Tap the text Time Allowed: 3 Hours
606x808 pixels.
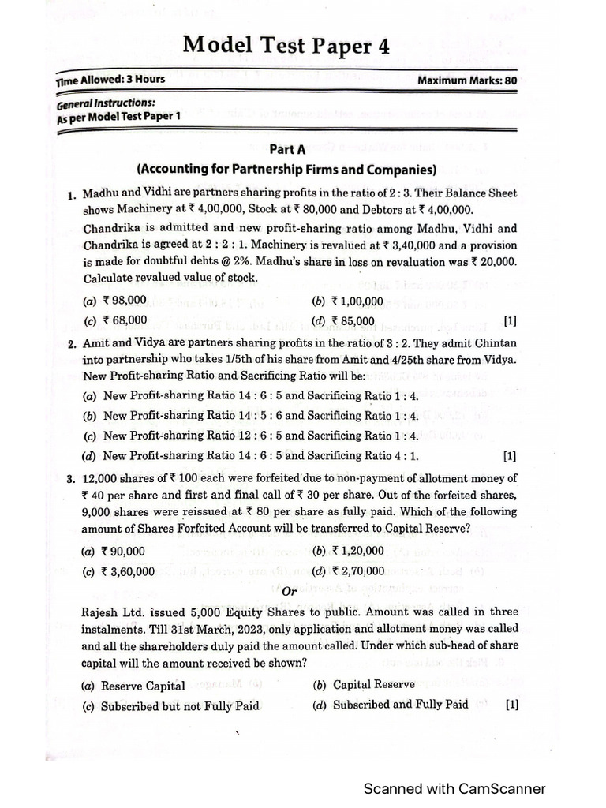110,80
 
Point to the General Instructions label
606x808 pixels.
106,103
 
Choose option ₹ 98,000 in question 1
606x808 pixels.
122,300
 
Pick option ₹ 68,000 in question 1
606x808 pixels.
122,320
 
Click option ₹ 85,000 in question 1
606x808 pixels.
353,320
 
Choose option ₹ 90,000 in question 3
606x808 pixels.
122,552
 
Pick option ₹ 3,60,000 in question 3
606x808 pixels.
126,572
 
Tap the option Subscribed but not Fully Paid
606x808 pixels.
180,706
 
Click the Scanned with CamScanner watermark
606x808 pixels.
454,788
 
